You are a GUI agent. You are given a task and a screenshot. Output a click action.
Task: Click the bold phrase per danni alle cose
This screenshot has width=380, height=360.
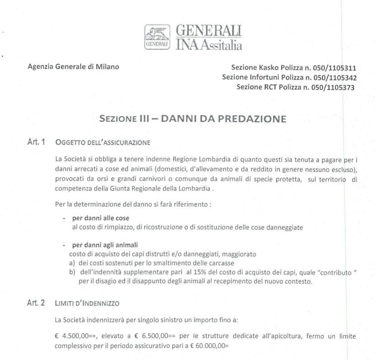[95, 218]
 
